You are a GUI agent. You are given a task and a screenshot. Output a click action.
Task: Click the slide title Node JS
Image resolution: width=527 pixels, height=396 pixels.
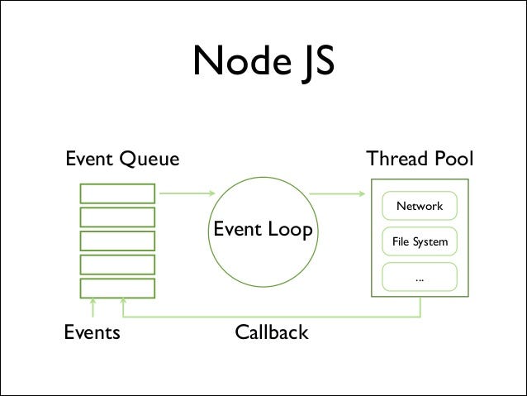coord(263,61)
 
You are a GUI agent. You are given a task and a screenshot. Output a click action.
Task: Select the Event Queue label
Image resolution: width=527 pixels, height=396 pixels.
coord(121,159)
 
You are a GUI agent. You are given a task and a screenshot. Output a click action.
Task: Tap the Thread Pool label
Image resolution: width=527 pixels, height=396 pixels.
coord(420,159)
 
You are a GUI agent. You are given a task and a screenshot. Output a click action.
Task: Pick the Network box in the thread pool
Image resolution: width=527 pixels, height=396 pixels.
coord(420,207)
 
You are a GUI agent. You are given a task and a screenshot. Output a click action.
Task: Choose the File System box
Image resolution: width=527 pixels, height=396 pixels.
coord(420,242)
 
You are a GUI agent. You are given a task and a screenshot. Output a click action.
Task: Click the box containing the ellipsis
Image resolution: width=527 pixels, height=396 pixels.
coord(420,278)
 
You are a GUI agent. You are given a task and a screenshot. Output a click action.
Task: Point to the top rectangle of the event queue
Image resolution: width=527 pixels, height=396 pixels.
coord(117,193)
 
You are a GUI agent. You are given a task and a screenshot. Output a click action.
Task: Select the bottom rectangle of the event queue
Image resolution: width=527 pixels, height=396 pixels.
coord(117,289)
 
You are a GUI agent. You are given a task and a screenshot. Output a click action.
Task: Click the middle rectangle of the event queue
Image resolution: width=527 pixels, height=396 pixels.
coord(117,241)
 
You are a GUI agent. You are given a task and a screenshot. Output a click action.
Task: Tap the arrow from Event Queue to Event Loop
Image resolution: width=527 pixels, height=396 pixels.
coord(187,194)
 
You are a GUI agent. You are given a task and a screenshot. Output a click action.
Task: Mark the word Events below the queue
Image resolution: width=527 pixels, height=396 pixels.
coord(92,333)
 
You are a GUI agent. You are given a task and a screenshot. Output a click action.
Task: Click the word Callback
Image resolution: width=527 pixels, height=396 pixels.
coord(271,333)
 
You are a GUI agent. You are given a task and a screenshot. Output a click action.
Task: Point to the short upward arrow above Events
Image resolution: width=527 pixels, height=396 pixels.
coord(93,308)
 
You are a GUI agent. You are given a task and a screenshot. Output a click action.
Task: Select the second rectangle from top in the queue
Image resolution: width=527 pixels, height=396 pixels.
coord(117,217)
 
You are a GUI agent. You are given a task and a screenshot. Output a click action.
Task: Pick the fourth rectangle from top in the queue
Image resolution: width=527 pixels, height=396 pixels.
coord(117,265)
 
